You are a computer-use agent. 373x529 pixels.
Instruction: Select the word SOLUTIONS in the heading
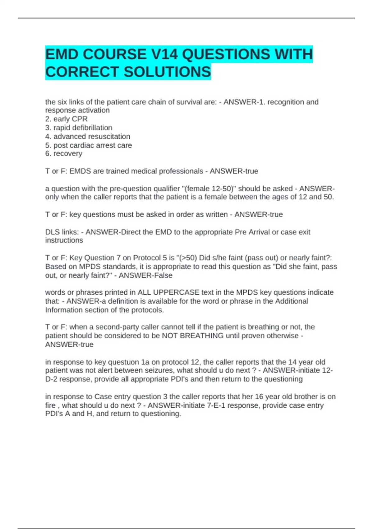pos(167,72)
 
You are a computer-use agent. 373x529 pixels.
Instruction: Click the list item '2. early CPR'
pos(67,119)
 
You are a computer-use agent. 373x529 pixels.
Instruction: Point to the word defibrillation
pos(92,128)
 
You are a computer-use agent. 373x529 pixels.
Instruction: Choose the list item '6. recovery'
pos(64,153)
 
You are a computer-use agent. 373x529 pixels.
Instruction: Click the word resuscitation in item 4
pos(109,136)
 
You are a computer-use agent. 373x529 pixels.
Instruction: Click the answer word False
pos(163,275)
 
